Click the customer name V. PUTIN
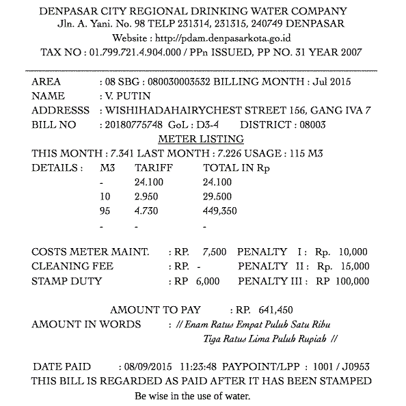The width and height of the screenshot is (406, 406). point(125,96)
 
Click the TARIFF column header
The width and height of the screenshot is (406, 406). point(154,167)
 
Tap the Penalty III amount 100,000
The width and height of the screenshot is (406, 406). point(352,281)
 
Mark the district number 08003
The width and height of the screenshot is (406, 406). point(311,124)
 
